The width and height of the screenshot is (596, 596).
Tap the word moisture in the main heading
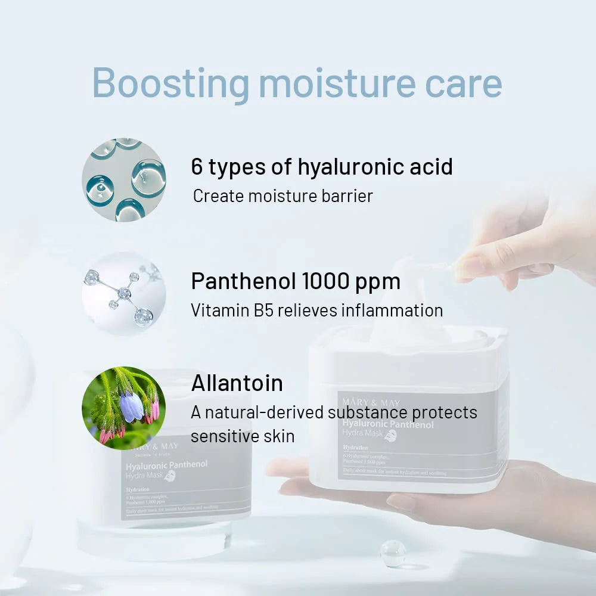point(336,83)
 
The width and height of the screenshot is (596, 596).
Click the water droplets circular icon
point(124,179)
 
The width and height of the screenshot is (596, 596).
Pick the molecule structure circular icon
point(124,294)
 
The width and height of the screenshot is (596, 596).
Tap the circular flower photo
point(124,408)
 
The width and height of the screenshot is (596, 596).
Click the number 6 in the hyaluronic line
point(197,167)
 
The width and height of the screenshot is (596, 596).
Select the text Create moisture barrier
point(283,195)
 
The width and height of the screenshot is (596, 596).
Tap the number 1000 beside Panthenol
point(328,281)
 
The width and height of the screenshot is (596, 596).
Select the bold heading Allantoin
point(237,383)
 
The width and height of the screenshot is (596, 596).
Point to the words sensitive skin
point(243,436)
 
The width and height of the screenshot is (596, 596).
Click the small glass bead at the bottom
point(393,553)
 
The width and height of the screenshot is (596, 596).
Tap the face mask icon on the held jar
point(390,436)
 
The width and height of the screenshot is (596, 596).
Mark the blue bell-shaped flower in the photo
point(131,407)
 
